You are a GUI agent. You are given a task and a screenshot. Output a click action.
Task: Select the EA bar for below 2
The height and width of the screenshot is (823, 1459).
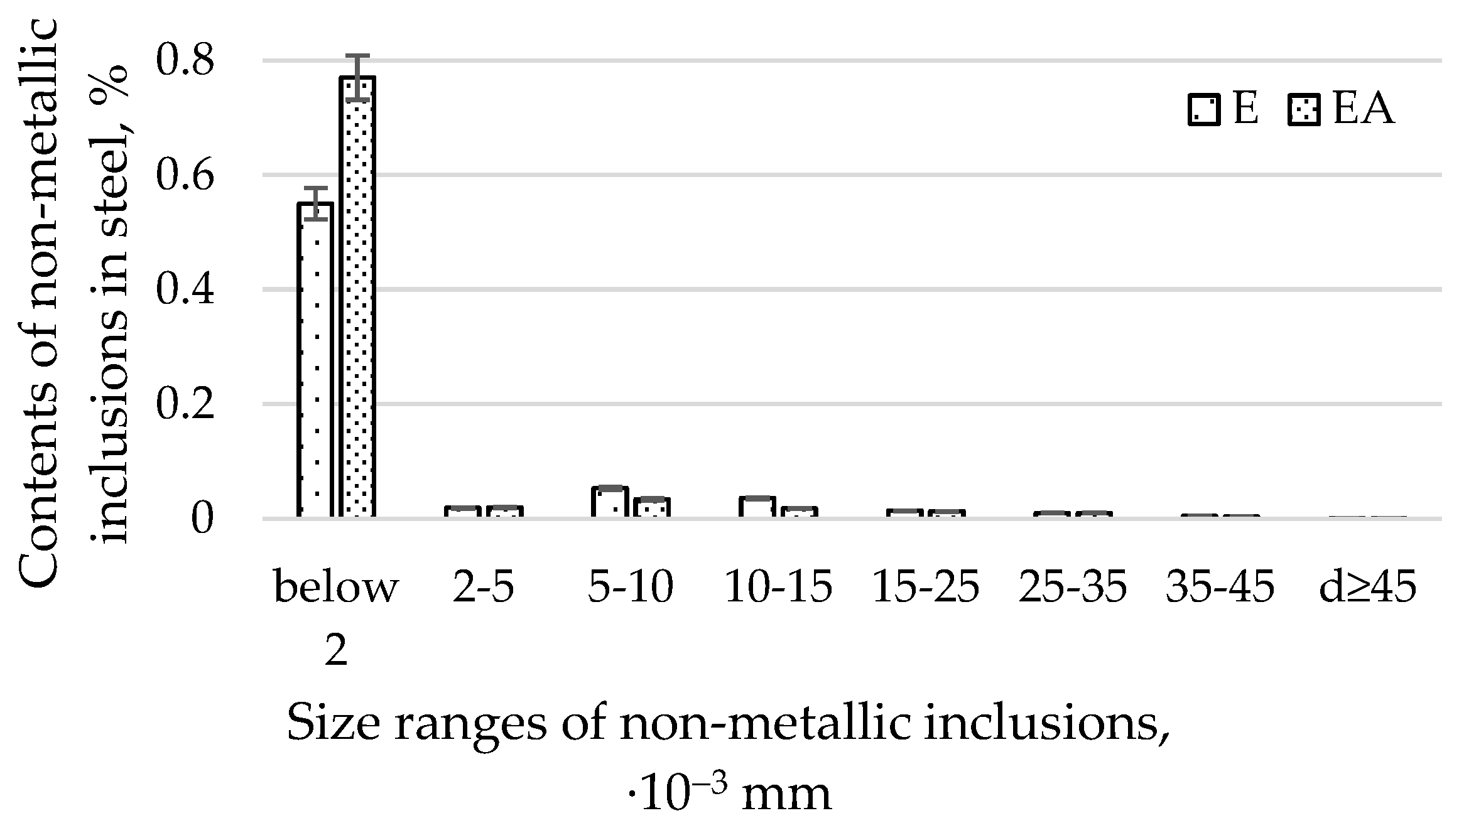pos(357,298)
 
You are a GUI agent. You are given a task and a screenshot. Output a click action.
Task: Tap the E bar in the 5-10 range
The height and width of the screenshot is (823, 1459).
pos(610,503)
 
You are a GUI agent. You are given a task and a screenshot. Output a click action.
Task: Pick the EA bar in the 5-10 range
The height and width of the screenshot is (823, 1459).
pos(652,508)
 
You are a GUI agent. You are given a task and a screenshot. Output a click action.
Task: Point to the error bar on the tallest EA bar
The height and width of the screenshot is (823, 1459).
pos(357,78)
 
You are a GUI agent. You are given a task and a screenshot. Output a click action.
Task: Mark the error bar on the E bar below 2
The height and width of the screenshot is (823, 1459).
pos(315,203)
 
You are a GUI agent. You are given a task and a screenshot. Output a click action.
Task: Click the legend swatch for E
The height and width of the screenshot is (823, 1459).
pos(1203,110)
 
